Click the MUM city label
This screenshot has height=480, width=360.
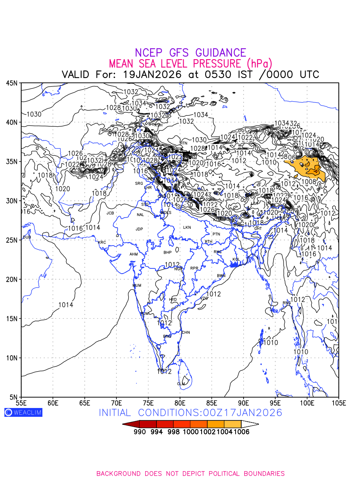pos(137,286)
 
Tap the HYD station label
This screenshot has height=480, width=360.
pos(173,300)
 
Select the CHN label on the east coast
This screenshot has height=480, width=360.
pos(186,332)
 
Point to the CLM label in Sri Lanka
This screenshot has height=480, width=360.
pos(181,384)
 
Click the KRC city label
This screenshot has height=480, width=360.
pos(102,242)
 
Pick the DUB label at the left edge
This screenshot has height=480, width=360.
pos(27,237)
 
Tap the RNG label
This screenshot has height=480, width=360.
pos(287,303)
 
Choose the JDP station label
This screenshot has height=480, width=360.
pos(139,229)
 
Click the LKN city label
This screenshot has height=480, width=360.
pos(187,228)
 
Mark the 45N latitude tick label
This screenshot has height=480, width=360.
pos(12,83)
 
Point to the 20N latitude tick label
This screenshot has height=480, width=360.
pos(12,279)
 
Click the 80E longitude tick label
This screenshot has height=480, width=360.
pos(180,402)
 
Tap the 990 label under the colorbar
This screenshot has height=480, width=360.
pos(139,432)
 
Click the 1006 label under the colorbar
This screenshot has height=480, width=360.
pos(241,432)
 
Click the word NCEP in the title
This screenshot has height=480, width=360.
pos(150,53)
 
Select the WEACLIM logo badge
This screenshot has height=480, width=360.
pos(23,412)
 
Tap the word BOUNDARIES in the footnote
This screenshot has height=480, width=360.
pos(262,474)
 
